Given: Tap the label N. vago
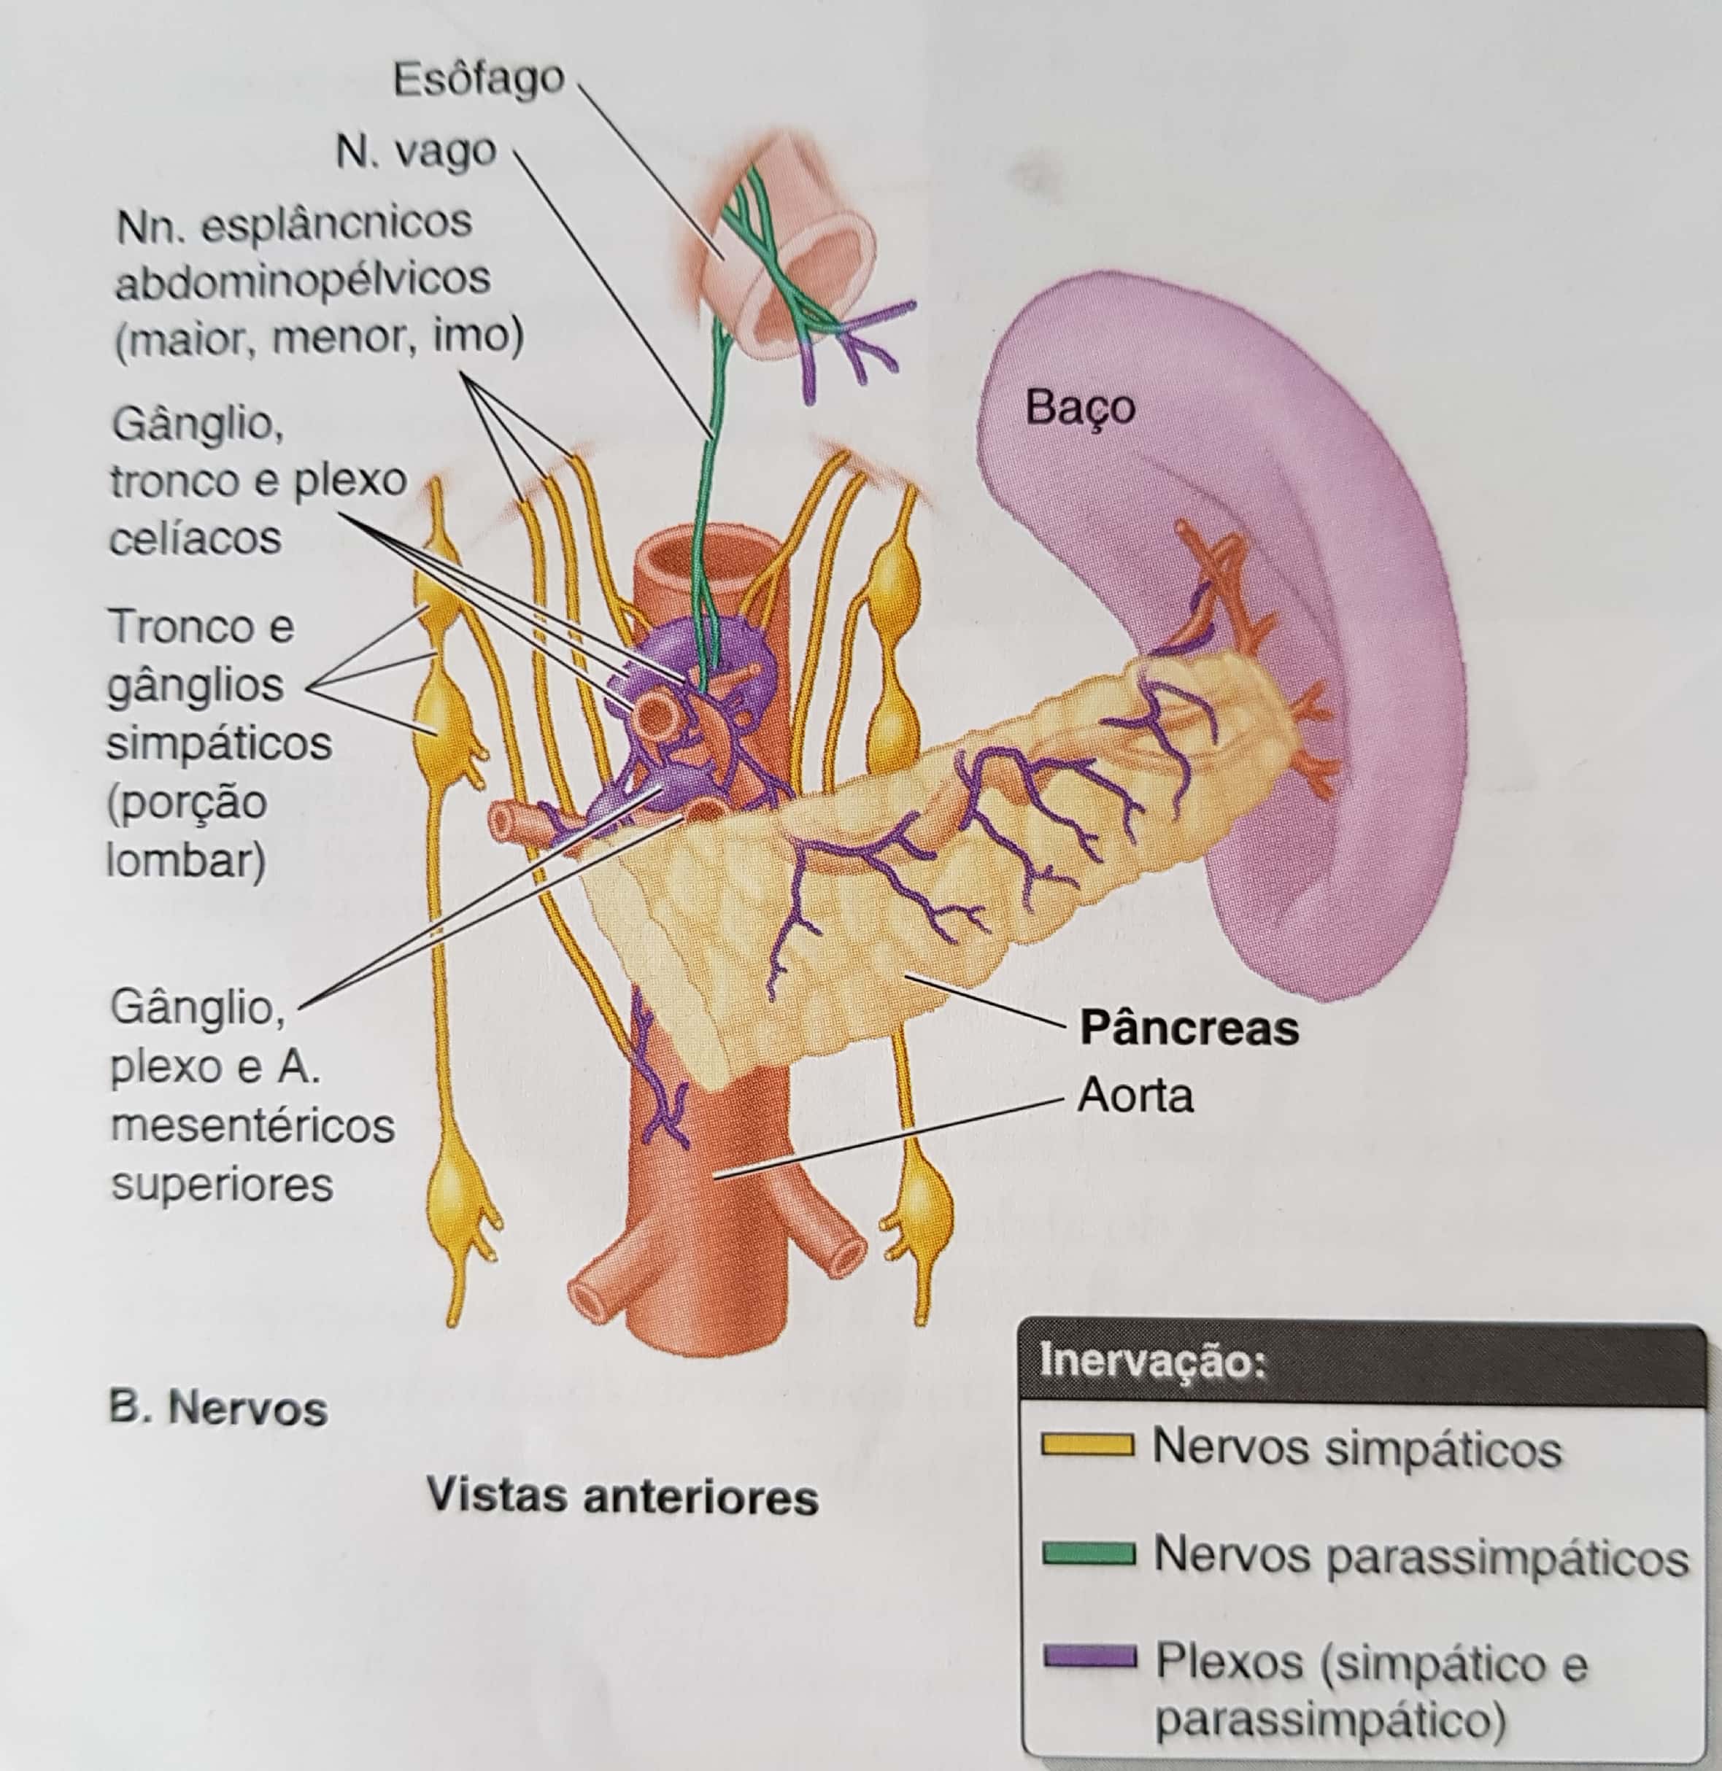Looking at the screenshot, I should (x=415, y=152).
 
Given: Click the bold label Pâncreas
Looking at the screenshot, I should (x=1189, y=1028).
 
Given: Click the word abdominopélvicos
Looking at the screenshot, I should (x=302, y=280).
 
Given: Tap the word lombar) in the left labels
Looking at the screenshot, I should (x=186, y=860).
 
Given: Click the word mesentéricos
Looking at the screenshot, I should (x=252, y=1126).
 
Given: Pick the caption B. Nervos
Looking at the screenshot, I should (x=217, y=1408).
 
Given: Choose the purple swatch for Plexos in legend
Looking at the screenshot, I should (x=1088, y=1656).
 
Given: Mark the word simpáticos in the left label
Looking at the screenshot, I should (x=219, y=744).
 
